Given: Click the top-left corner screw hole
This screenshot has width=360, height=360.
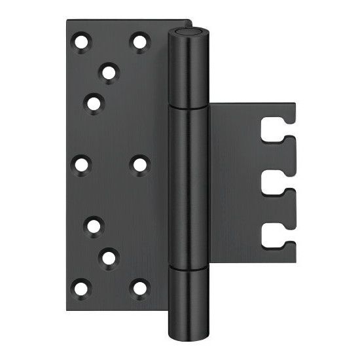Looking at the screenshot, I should click(82, 43).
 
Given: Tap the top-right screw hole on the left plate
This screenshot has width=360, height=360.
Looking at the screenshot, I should click(139, 42).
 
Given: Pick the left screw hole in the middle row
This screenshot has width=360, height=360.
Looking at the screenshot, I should click(81, 164).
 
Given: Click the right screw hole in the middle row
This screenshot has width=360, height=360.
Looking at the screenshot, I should click(139, 164).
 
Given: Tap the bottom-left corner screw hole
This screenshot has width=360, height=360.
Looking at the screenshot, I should click(81, 287).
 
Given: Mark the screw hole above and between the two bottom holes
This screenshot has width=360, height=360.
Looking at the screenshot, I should click(109, 258).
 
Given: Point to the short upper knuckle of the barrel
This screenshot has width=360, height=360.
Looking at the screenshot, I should click(187, 72).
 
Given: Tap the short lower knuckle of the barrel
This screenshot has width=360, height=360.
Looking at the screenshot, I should click(187, 298).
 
